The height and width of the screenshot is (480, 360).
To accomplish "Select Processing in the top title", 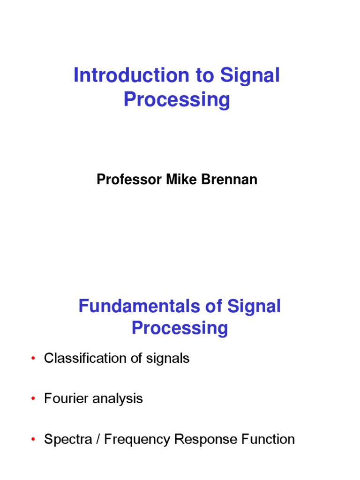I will coord(177,100).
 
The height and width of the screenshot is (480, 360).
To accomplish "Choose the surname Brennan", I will coord(230,180).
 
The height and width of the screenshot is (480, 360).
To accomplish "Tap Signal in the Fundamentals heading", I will coord(254,307).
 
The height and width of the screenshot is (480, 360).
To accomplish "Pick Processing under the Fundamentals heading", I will coord(180,328).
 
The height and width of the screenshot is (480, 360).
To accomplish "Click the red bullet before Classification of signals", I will coord(33,359).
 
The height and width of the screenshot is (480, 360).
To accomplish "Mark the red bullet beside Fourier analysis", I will coord(33,399).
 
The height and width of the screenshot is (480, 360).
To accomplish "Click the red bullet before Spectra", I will coord(33,440).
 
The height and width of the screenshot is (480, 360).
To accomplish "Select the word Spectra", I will coord(65,440).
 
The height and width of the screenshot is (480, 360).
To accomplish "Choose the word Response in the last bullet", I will coord(206,440).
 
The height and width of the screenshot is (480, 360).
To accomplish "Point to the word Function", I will coord(268,439).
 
